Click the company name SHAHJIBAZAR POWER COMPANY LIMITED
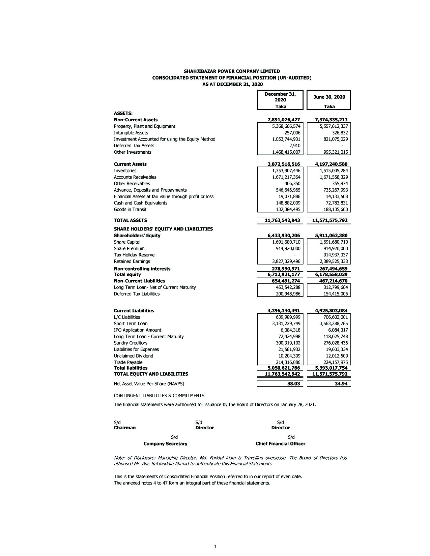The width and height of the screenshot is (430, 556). tap(232, 71)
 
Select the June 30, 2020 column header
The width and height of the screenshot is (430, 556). tap(329, 97)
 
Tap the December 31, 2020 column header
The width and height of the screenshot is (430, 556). tap(280, 97)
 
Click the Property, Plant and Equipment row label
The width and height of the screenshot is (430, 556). tap(144, 126)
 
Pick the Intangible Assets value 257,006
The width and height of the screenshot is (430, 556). tap(292, 133)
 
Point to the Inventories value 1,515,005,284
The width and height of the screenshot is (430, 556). tap(334, 171)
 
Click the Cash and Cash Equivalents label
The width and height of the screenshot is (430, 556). tap(140, 203)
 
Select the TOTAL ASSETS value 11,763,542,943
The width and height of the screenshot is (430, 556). tap(282, 220)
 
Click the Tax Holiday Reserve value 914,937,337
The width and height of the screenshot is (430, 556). tap(335, 255)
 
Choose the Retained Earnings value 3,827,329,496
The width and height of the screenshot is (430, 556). tap(286, 261)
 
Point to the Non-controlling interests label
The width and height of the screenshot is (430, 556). tap(142, 269)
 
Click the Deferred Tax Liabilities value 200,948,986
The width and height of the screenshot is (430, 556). tap(288, 294)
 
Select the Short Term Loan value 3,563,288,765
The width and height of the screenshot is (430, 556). tap(334, 323)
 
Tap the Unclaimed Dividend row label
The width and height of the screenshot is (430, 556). tap(133, 356)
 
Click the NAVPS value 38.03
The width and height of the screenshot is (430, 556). tap(293, 383)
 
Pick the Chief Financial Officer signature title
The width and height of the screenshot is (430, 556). tap(280, 443)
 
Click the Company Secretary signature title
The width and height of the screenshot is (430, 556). tap(165, 443)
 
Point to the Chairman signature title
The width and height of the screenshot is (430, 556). tap(125, 428)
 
